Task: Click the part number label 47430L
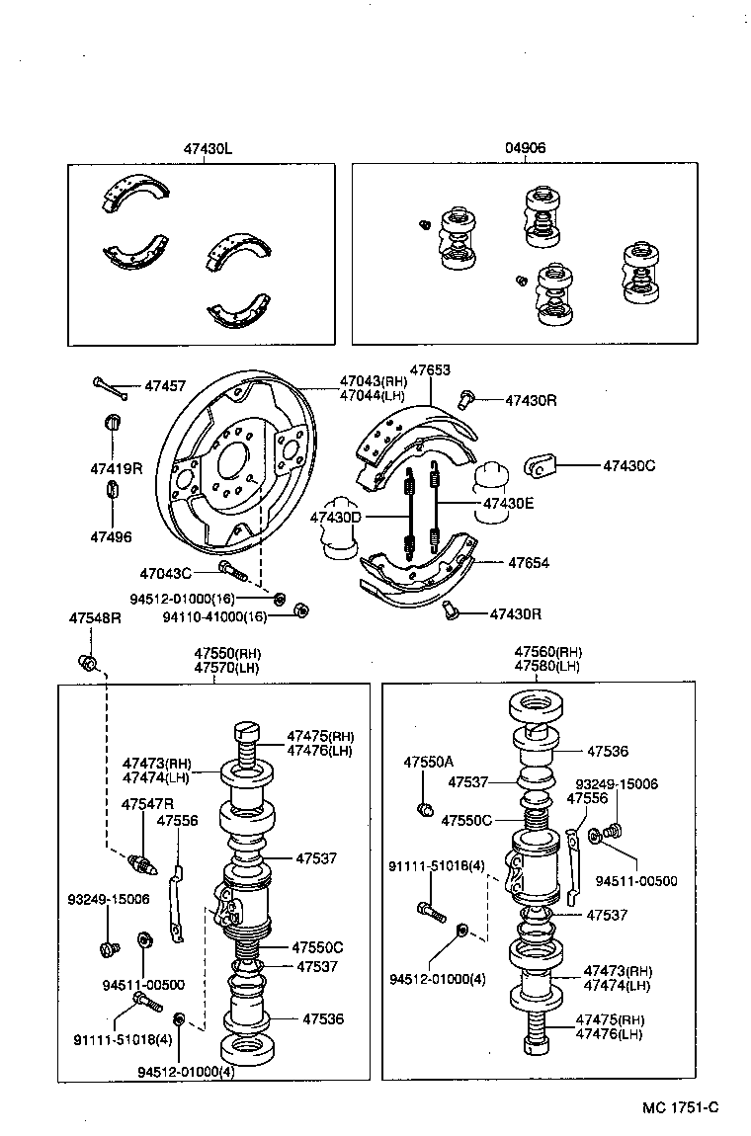(207, 148)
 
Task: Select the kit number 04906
(525, 148)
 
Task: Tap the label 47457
(165, 386)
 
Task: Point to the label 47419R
(117, 468)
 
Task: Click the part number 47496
(111, 537)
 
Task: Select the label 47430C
(628, 464)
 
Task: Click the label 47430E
(508, 503)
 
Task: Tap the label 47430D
(336, 517)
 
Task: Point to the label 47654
(529, 562)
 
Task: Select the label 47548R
(95, 617)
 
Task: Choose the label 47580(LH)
(548, 666)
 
